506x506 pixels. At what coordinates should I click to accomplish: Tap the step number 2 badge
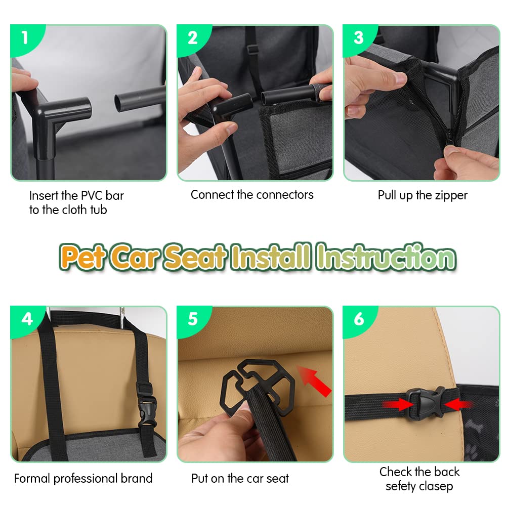coord(192,38)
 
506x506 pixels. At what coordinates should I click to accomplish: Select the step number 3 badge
coord(359,38)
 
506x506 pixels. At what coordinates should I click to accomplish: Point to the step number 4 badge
coord(27,319)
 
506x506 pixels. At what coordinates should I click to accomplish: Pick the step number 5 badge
coord(193,319)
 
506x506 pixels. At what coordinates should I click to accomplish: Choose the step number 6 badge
coord(359,319)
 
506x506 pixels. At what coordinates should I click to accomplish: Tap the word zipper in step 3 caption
coord(451,195)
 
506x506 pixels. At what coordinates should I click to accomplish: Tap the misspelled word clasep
coord(432,486)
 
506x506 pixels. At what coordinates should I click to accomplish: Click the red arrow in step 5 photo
coord(314,381)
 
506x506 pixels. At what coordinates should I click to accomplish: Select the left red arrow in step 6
coord(398,404)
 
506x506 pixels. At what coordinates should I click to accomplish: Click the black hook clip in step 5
coord(257,386)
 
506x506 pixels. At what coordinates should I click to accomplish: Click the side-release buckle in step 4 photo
coord(146,405)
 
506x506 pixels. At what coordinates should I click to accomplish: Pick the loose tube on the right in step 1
coord(140,98)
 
